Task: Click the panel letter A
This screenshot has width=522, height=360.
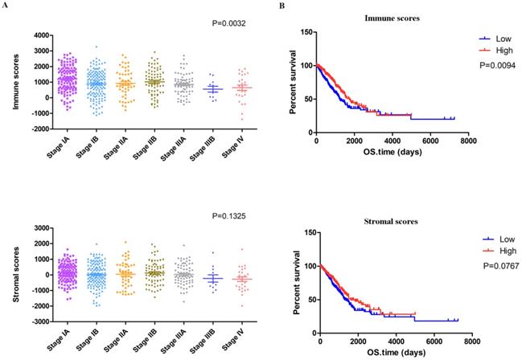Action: (x=5, y=6)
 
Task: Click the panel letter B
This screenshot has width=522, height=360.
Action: (x=280, y=6)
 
